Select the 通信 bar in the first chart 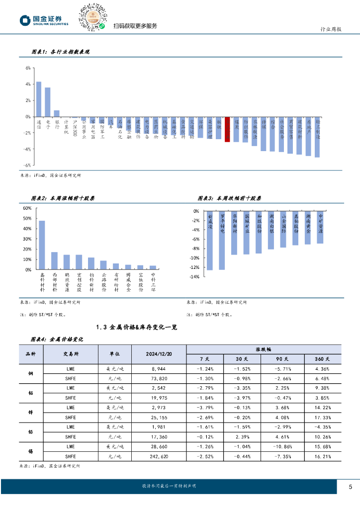[39, 99]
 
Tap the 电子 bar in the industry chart [48, 102]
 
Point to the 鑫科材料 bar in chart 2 [42, 245]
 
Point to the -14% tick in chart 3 [194, 276]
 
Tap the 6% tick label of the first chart [28, 68]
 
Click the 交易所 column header [71, 354]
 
